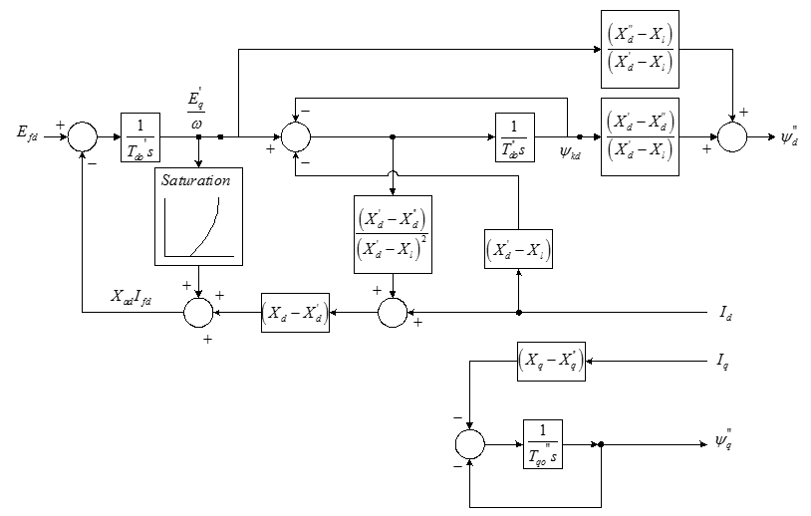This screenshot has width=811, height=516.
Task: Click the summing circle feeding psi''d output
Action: [732, 136]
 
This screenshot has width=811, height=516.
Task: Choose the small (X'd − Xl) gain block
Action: [518, 251]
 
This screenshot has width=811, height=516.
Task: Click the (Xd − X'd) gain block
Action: [295, 312]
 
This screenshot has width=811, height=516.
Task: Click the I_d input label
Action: [728, 312]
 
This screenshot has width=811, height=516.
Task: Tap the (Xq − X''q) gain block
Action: [551, 361]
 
